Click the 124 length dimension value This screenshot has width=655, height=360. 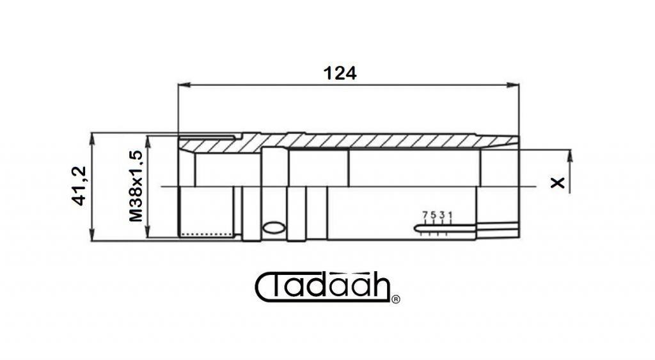(x=340, y=74)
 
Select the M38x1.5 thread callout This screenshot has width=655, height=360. (x=136, y=186)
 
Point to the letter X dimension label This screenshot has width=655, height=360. (x=557, y=183)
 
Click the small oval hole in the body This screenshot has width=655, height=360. (x=274, y=227)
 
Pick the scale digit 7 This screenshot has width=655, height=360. (x=425, y=215)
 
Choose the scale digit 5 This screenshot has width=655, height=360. (x=434, y=215)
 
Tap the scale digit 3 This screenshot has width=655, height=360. (x=442, y=215)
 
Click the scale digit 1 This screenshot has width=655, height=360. (x=450, y=215)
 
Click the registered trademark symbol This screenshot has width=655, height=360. (x=395, y=299)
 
